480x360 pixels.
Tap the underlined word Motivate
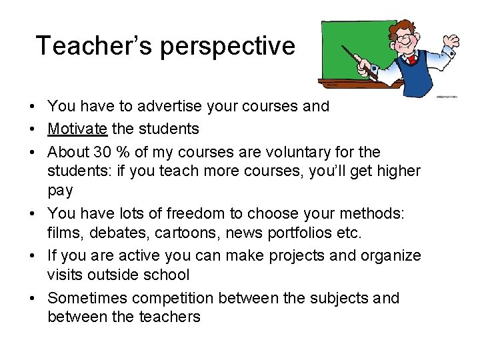(x=77, y=128)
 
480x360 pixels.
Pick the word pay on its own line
(x=60, y=190)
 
